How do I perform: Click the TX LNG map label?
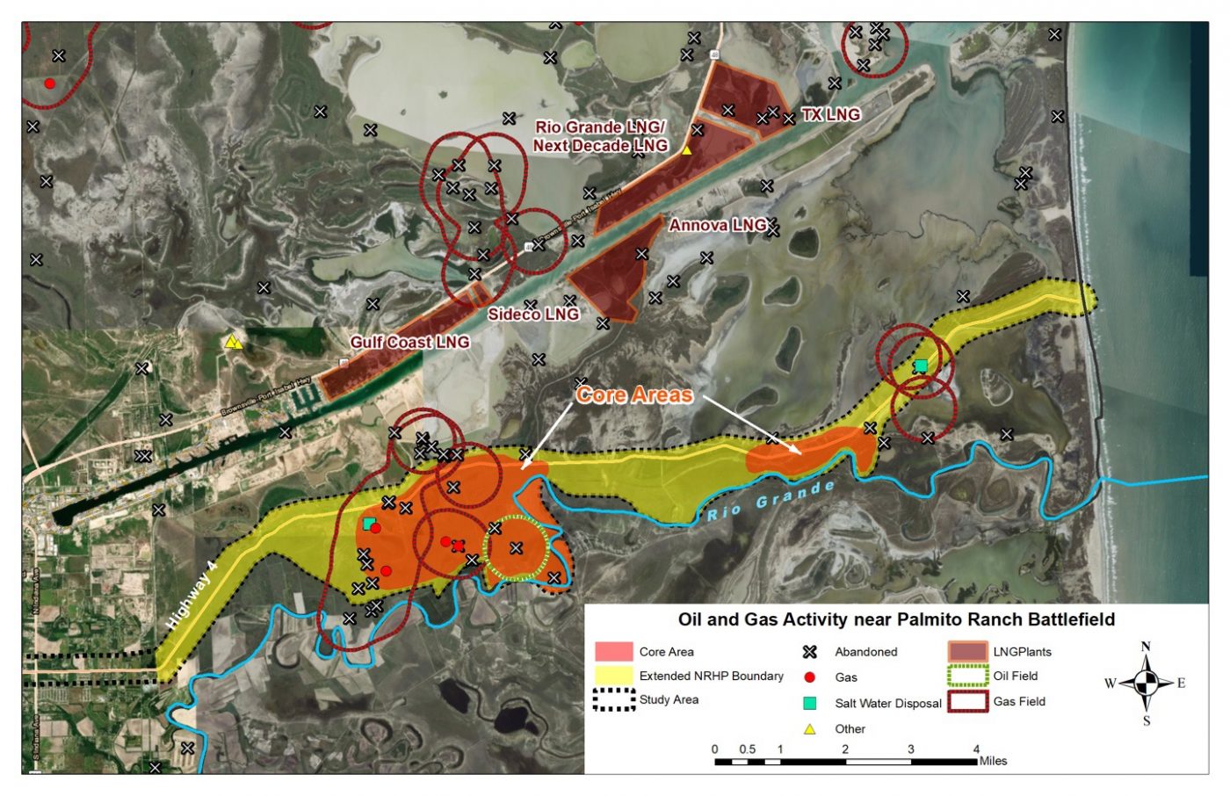[x=830, y=114]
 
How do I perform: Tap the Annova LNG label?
[x=718, y=226]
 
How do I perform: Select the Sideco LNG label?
[x=533, y=314]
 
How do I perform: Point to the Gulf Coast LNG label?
[x=409, y=342]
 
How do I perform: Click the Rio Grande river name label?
[x=771, y=501]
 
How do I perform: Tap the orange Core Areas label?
[x=633, y=395]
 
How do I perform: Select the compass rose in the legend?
[x=1146, y=683]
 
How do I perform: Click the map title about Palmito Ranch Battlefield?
[x=896, y=619]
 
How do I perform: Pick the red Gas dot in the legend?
[x=810, y=677]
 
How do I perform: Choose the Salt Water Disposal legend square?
[x=810, y=703]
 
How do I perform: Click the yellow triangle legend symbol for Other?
[x=810, y=729]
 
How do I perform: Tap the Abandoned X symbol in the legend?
[x=810, y=652]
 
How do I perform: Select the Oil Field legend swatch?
[x=967, y=677]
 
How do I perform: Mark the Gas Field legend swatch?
[x=967, y=701]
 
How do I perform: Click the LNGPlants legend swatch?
[x=967, y=652]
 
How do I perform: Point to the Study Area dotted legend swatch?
[x=613, y=700]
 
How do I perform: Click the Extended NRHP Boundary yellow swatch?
[x=613, y=676]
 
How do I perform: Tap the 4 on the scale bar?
[x=976, y=749]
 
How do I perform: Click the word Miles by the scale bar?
[x=994, y=761]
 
